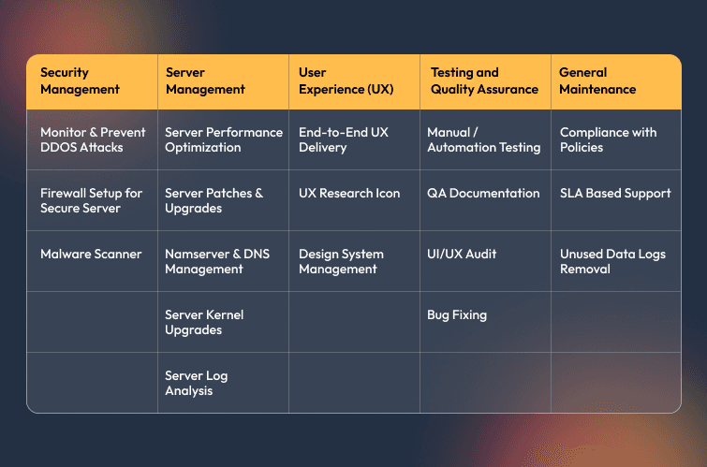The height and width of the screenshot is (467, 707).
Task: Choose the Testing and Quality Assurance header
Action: coord(484,80)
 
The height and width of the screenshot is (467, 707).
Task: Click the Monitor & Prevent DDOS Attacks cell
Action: coord(93,139)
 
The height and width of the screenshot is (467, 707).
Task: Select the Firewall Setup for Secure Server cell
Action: coord(91,200)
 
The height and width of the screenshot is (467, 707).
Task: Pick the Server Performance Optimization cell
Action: coord(224,139)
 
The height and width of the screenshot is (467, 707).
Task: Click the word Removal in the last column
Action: coord(585,270)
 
